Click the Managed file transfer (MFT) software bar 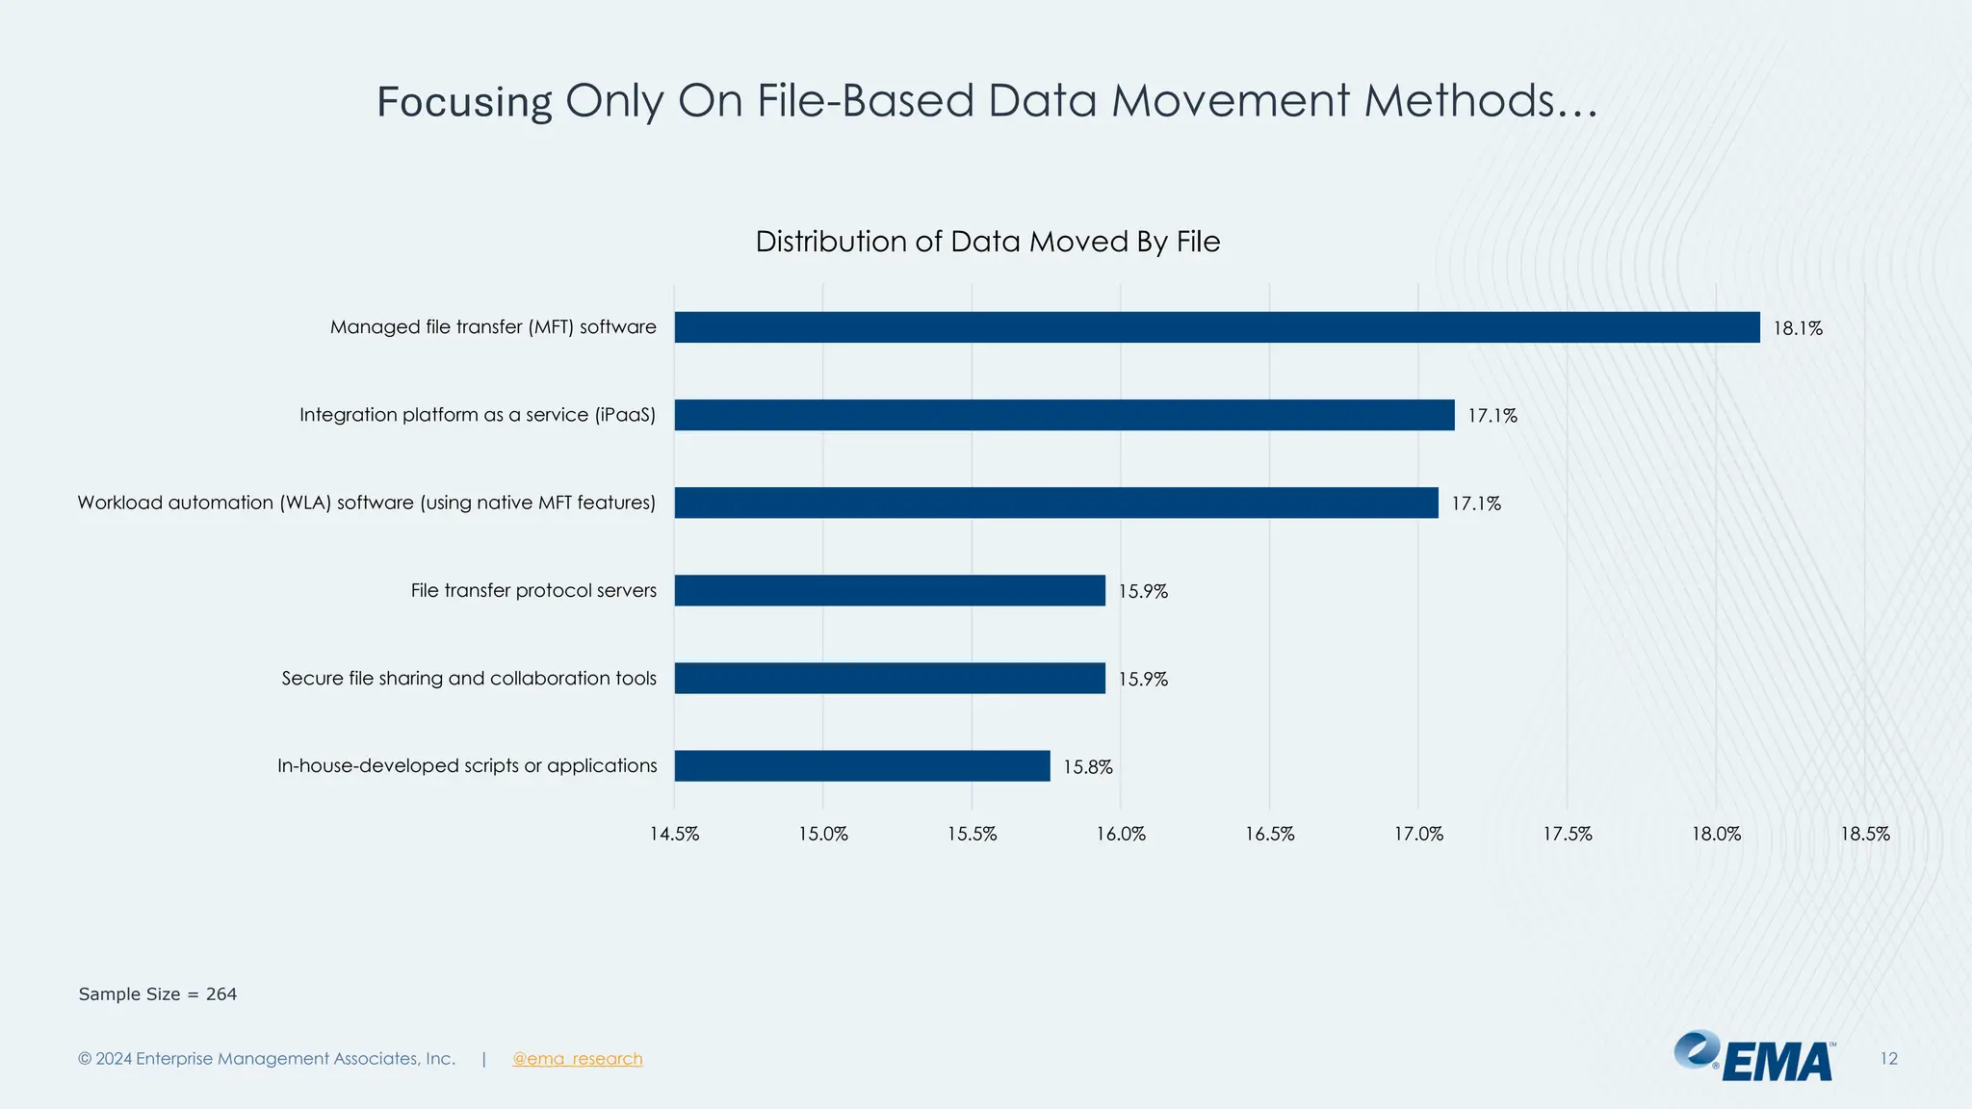point(1216,327)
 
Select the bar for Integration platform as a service point(1064,415)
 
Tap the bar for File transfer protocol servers point(889,590)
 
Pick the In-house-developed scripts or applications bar point(862,766)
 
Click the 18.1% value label point(1798,328)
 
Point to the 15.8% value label point(1087,767)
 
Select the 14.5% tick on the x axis point(674,835)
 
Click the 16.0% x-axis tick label point(1121,835)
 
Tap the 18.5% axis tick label point(1865,835)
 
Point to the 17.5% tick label point(1568,835)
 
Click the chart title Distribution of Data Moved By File point(987,242)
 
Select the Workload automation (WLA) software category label point(366,503)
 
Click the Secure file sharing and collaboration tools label point(469,679)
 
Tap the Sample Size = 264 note point(158,994)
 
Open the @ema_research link point(577,1059)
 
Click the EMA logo point(1754,1057)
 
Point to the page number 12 point(1888,1059)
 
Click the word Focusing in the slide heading point(464,102)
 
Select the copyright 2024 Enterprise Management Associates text point(267,1059)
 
